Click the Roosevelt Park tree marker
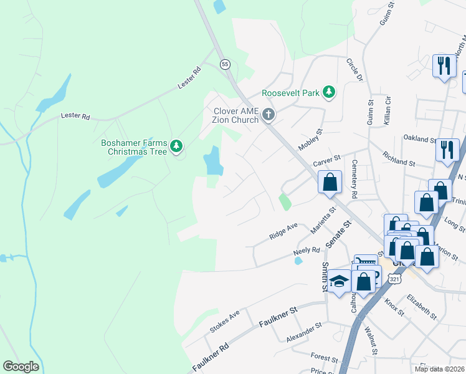click(328, 93)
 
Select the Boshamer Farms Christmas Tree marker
click(178, 146)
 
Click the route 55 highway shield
click(225, 64)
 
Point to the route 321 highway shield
click(395, 280)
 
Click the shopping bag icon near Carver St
click(330, 183)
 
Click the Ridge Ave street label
click(284, 231)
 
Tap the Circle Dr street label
click(354, 69)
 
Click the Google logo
click(21, 367)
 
